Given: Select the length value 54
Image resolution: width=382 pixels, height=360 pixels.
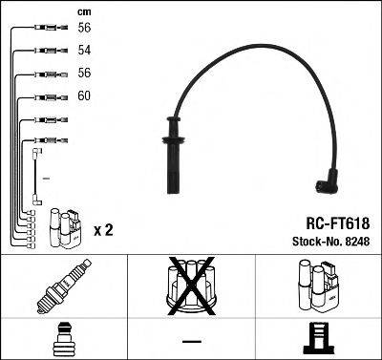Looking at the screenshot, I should tap(85, 49).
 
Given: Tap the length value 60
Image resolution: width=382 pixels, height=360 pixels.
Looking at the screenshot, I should tap(85, 96).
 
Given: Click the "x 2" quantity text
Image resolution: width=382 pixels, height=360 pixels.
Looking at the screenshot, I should tap(103, 231).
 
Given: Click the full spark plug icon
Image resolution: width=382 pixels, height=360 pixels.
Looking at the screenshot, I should tap(64, 287).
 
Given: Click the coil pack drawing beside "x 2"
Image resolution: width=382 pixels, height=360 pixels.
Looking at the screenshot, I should tap(64, 225).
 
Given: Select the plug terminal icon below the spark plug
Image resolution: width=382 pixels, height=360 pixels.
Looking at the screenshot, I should tap(63, 339).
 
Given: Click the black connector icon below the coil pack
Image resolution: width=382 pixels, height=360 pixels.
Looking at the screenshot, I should tap(316, 339).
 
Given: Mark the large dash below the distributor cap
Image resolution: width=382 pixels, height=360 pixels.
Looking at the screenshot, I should tap(191, 342).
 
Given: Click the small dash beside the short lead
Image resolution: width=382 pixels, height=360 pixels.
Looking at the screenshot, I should tap(47, 177).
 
